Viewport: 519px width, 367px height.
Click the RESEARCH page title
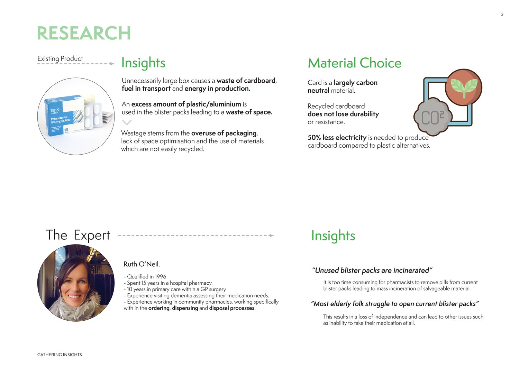point(84,33)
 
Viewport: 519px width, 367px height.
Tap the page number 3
point(502,15)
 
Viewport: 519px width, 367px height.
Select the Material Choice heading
point(355,63)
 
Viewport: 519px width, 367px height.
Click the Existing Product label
point(60,58)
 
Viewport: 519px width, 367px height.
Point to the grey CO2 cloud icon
point(433,117)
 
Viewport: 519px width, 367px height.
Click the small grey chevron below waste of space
point(127,122)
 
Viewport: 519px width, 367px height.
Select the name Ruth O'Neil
point(142,264)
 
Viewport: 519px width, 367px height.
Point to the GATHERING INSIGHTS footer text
point(60,355)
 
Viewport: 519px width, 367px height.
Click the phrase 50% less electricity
point(337,137)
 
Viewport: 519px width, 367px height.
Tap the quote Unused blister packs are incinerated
point(372,270)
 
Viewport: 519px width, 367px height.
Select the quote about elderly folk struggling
point(395,304)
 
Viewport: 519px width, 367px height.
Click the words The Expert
point(78,235)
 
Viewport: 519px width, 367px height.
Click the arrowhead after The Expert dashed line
point(271,236)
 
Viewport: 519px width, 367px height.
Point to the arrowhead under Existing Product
point(112,64)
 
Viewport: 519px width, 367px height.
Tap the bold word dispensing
point(185,308)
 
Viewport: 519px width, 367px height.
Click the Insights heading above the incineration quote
point(333,236)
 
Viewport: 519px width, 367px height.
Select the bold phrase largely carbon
point(355,82)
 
